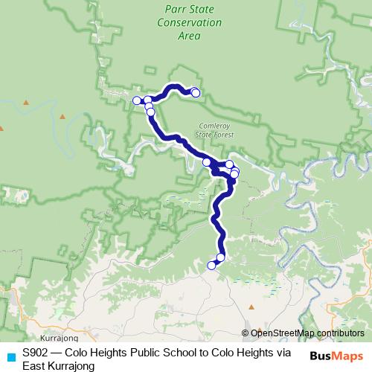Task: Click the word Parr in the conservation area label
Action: pos(176,10)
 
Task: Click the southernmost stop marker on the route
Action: pos(211,265)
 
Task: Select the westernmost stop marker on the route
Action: pos(137,100)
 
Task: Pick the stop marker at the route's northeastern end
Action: pos(196,92)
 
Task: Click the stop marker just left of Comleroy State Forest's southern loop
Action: pos(207,161)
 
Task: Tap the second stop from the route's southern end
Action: pos(220,257)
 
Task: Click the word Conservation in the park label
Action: pos(190,22)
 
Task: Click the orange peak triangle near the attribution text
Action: pos(251,306)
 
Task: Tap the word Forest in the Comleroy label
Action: pos(223,135)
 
